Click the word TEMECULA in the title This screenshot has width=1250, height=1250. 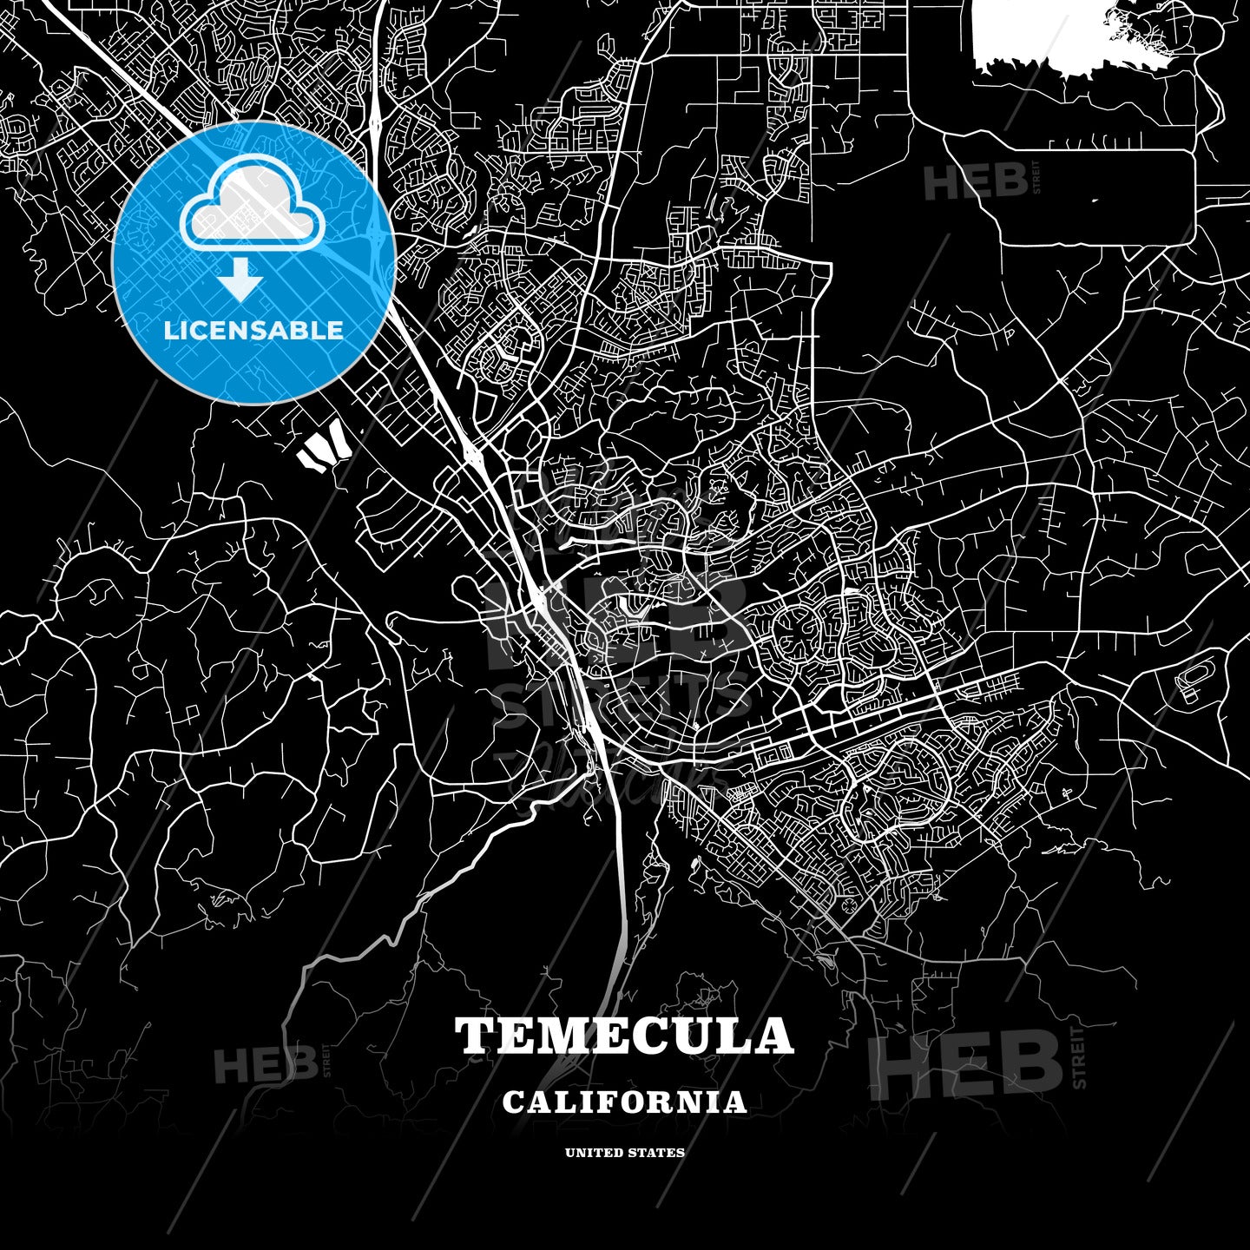coord(624,1036)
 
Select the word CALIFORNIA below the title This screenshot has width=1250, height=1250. coord(624,1102)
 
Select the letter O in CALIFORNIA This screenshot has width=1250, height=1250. coord(640,1102)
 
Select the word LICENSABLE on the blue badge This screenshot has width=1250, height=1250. coord(253,330)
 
